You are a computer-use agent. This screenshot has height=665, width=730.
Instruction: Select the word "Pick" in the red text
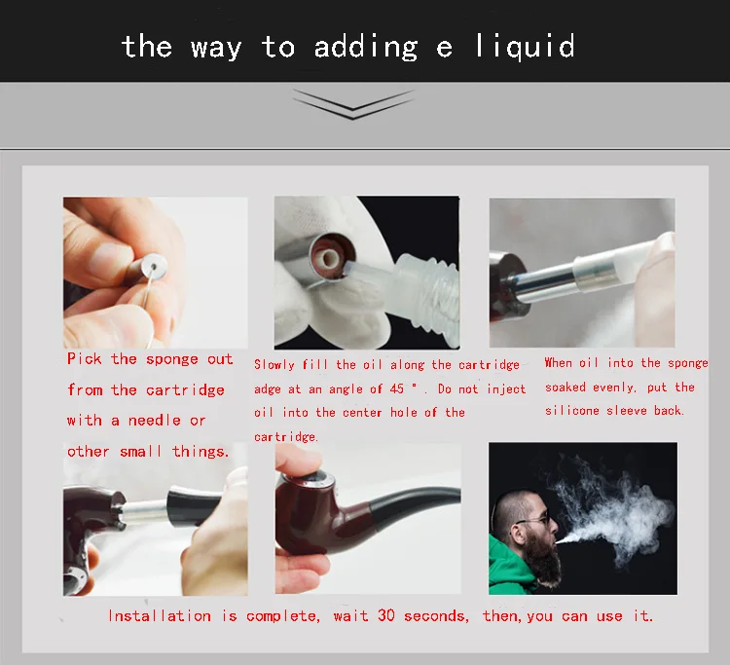(x=85, y=359)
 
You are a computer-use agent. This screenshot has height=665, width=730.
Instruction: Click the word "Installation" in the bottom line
(x=160, y=615)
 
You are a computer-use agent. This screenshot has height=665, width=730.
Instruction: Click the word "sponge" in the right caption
(x=688, y=363)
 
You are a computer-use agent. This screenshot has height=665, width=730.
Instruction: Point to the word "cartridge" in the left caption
(x=185, y=390)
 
